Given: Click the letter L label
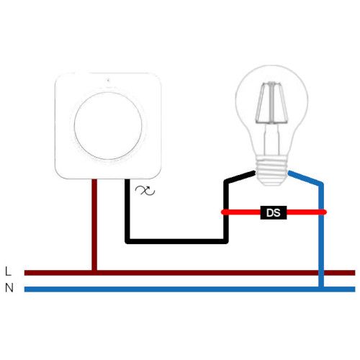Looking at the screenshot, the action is coord(8,271).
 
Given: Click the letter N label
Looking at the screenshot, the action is coord(9,287).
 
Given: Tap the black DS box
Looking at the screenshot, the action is coord(274,212).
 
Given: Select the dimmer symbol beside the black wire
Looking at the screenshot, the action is coord(145,191).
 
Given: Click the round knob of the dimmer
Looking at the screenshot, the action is coord(108,126).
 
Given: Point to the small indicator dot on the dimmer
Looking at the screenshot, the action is coord(108,81).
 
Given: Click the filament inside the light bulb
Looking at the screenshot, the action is coord(271,103).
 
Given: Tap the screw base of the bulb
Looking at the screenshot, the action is coord(271,170).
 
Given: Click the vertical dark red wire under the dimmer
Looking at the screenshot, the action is coord(94,225).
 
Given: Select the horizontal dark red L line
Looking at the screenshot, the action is coord(189,273).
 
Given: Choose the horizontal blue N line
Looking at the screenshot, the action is coord(189,289).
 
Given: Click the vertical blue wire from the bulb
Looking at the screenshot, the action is coord(321,235).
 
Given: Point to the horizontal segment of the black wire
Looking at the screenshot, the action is coord(176,241).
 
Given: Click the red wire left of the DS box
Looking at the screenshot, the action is coord(240,212).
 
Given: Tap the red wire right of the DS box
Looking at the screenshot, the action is coord(307,212).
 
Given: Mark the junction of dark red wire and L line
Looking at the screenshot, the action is coord(94,273).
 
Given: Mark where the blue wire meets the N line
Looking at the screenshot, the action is coord(321,289).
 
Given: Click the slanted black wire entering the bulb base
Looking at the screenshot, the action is coord(240,177).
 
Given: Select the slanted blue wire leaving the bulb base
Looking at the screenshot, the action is coord(305,178).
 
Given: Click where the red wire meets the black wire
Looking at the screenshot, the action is coord(225,212).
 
